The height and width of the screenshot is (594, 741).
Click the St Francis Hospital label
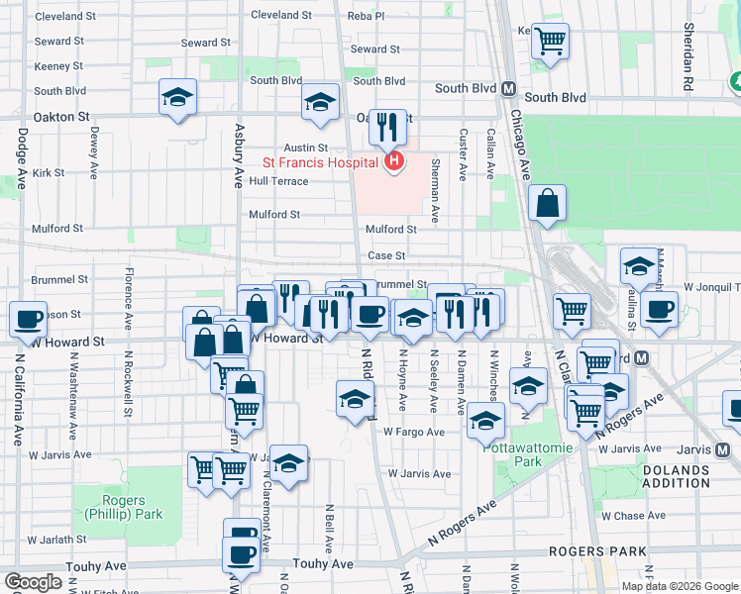pos(319,161)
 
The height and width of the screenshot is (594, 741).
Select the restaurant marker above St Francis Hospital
pos(388,127)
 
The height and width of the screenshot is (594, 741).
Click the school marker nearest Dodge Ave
pos(178,97)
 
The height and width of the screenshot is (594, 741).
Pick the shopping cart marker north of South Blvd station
pos(550,42)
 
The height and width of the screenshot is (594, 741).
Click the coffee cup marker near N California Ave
pos(29,320)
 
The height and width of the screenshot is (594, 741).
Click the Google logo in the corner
pos(34,582)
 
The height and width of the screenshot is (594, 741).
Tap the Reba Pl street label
pos(365,16)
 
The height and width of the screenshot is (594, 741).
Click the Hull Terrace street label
pos(278,181)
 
